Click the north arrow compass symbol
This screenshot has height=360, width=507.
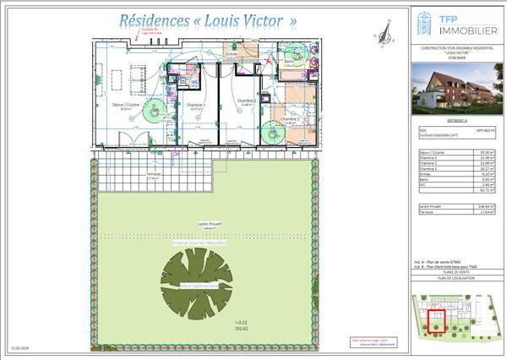click(387, 32)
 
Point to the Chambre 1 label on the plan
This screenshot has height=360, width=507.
click(195, 105)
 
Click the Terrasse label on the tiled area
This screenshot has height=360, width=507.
click(153, 177)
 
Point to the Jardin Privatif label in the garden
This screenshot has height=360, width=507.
click(207, 224)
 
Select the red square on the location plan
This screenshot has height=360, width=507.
click(437, 321)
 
